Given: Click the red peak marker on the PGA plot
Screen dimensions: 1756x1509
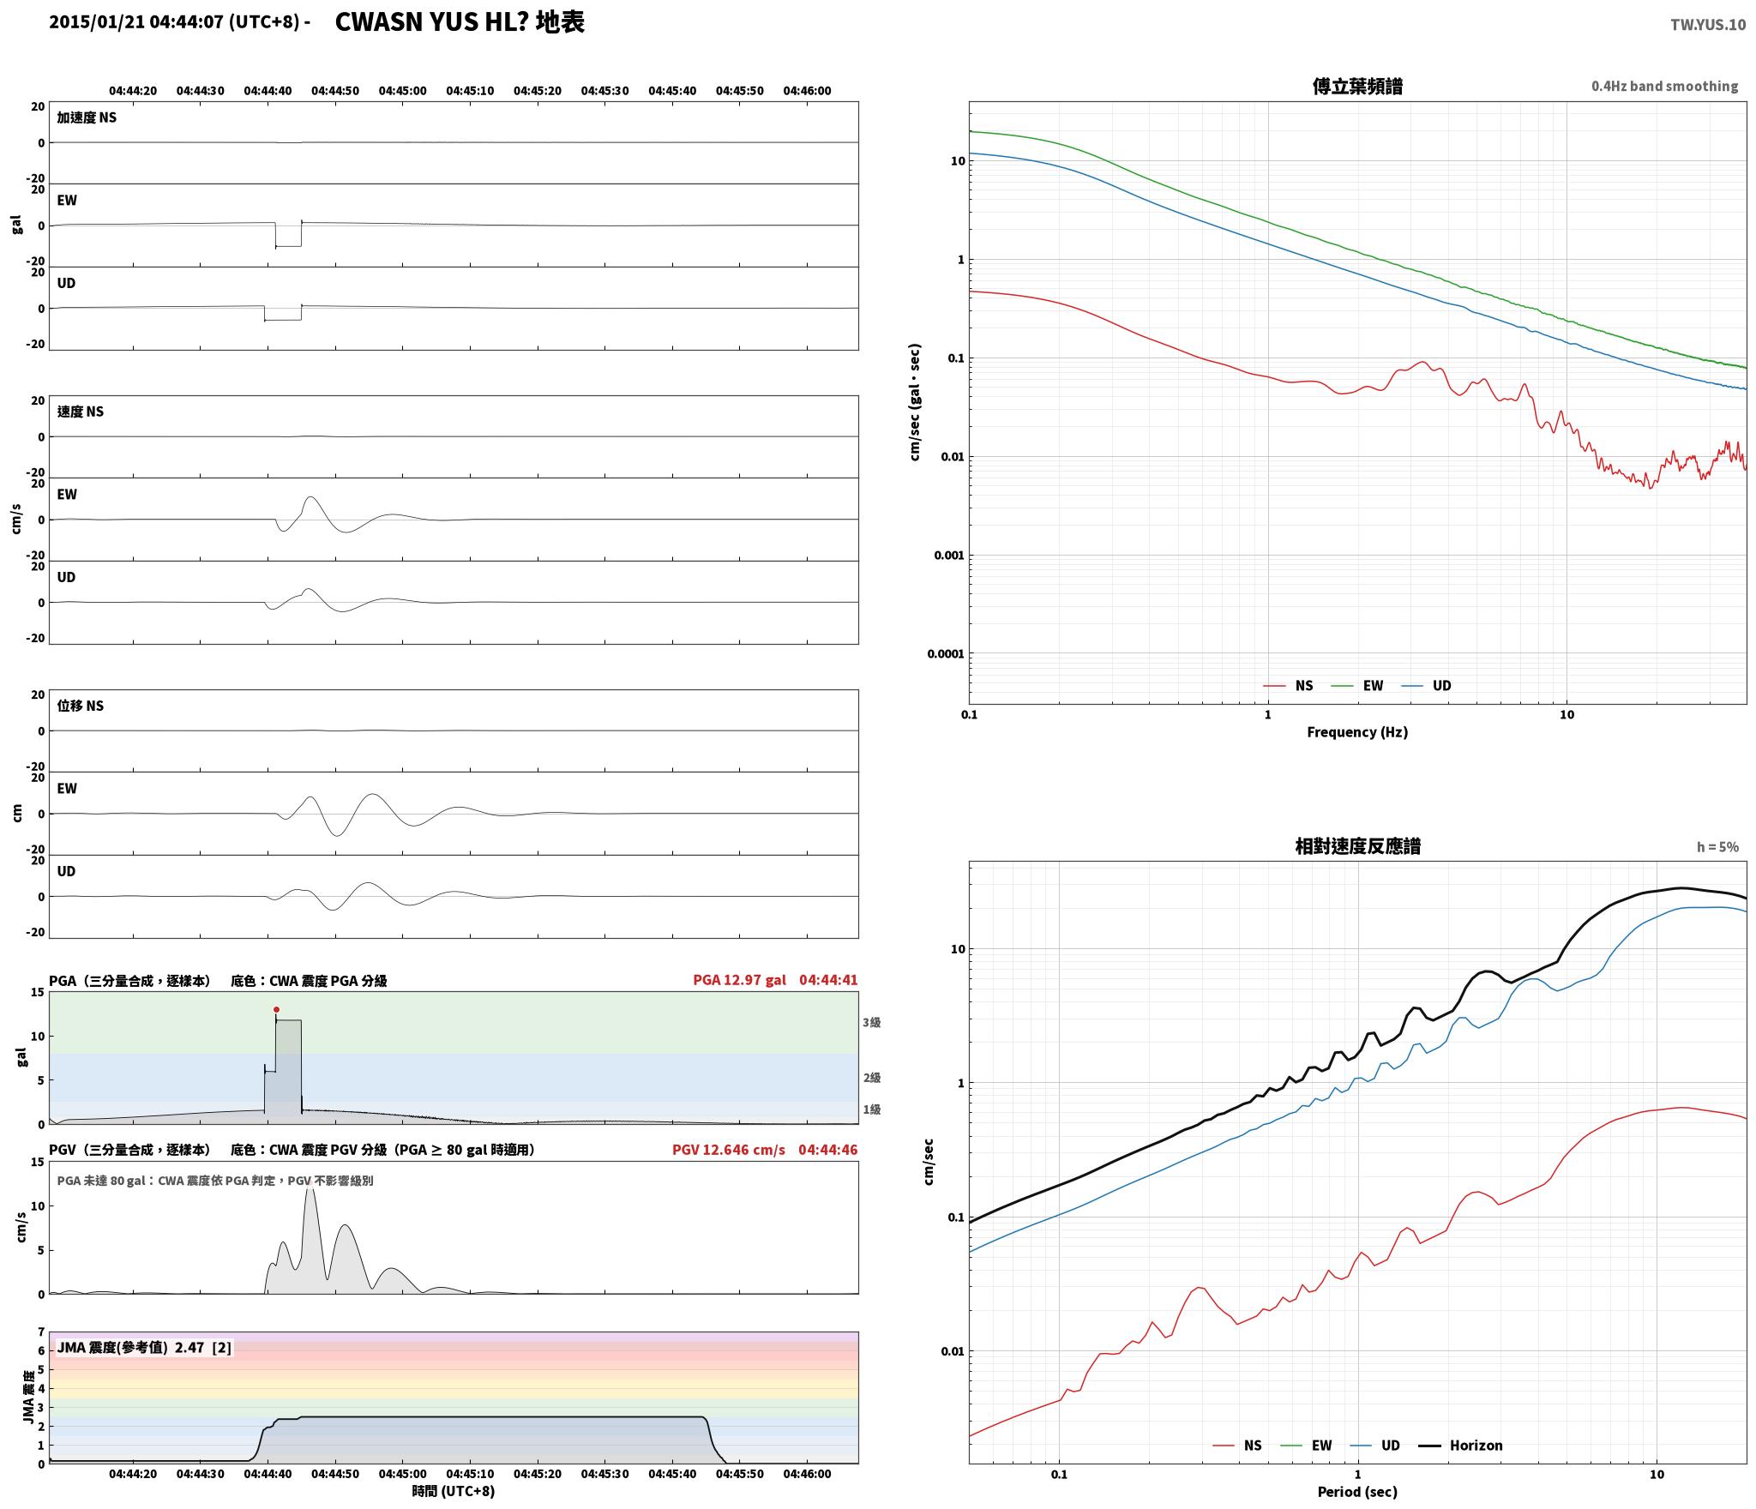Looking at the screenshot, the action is [x=276, y=1009].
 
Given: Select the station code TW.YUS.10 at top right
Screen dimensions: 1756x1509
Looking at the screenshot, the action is [x=1707, y=25].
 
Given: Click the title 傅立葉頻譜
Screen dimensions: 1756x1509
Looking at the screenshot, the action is [x=1357, y=87].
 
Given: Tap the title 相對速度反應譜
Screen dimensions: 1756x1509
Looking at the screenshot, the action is [x=1357, y=846].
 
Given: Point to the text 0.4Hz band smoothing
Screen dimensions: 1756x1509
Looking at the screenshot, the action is [x=1664, y=87].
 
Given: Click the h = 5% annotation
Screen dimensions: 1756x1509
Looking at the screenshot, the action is [x=1717, y=847].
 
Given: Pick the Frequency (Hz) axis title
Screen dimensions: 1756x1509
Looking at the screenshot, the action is [x=1357, y=732].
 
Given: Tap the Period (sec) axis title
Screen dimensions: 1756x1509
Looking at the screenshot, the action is [x=1357, y=1492].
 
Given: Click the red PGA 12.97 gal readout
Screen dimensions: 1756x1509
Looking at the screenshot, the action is [x=739, y=980].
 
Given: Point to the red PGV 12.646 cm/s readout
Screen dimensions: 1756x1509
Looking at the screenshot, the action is [x=729, y=1150].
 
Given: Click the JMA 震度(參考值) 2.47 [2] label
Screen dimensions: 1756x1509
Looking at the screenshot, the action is [x=144, y=1348].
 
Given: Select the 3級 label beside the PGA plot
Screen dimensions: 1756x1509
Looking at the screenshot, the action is [x=872, y=1022].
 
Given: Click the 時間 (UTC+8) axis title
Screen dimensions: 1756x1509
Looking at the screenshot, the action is [x=454, y=1491].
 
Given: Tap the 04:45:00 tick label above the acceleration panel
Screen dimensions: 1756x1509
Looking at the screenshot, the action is [x=402, y=91].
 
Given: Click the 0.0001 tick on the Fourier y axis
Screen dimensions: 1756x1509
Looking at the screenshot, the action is [x=946, y=654].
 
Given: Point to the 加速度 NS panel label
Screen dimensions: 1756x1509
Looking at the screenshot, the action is [x=87, y=117].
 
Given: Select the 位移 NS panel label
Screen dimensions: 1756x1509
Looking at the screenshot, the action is [x=81, y=706].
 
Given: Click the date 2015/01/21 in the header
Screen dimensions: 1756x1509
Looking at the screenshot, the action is [x=97, y=23].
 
